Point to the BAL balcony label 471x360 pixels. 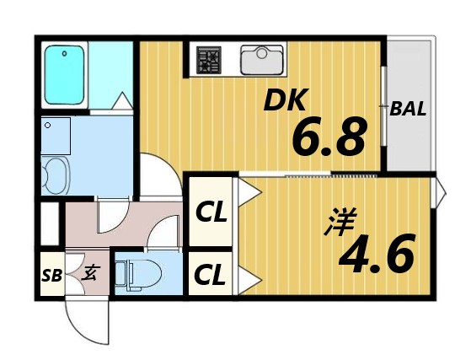pos(408,109)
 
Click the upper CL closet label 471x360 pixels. pos(211,213)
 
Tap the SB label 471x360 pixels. pos(51,275)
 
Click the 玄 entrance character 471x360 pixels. pos(88,273)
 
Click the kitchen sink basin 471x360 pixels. pos(263,61)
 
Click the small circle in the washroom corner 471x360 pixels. pos(49,126)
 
